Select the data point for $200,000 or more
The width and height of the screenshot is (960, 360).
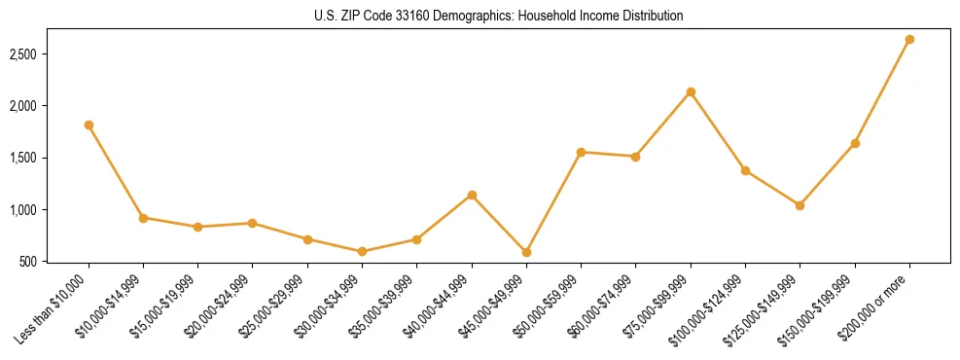909,40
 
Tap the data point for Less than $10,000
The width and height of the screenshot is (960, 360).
89,125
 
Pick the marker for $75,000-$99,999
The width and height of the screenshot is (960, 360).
691,92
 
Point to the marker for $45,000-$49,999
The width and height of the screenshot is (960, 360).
526,252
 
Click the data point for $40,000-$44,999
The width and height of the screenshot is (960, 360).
472,196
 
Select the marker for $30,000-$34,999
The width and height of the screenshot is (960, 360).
362,251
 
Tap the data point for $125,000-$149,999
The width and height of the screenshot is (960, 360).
800,205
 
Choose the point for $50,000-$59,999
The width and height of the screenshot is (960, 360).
581,152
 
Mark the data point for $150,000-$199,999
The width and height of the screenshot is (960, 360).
855,143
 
